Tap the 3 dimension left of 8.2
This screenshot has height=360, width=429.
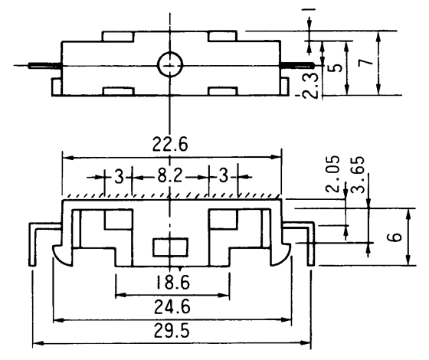click(120, 177)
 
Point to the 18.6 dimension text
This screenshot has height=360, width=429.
click(172, 283)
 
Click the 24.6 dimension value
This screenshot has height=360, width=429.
click(172, 308)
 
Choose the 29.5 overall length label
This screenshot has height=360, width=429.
click(172, 333)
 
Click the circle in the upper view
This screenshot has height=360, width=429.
click(168, 67)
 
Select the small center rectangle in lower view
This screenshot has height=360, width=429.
click(171, 248)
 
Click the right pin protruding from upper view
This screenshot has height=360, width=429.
click(297, 66)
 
